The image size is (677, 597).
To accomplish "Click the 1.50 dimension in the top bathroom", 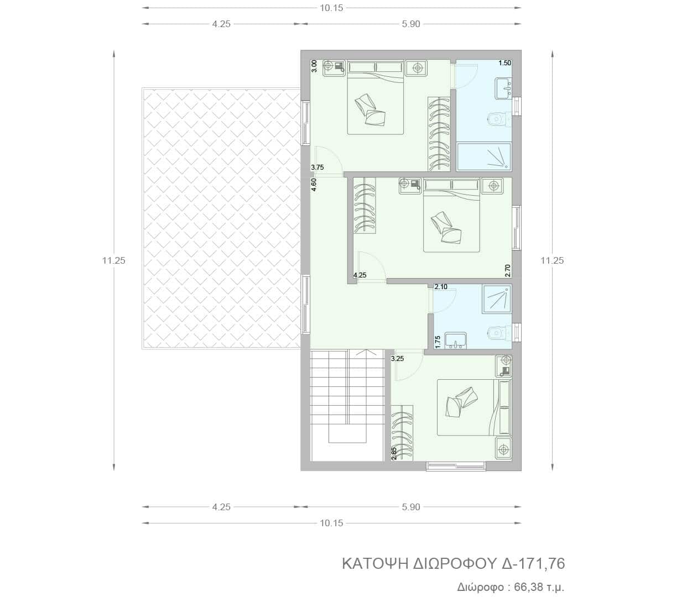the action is [504, 63].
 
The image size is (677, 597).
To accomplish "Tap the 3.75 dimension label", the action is [317, 167].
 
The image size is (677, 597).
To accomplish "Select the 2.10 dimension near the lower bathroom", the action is [441, 287].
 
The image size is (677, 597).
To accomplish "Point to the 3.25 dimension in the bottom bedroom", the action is [397, 358].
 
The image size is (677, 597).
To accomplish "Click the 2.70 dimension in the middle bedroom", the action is [507, 271].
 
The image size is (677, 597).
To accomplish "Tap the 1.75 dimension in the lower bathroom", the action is [438, 342].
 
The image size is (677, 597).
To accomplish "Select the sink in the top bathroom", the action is [503, 88].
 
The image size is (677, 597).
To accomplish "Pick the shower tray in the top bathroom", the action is [484, 156].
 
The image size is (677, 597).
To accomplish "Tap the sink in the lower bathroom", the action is [456, 341].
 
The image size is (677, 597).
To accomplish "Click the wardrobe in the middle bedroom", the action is [364, 205].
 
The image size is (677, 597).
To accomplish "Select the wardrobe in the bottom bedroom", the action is [402, 433].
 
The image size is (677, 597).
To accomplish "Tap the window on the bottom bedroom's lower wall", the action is [456, 466].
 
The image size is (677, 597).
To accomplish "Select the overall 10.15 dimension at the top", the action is [331, 8].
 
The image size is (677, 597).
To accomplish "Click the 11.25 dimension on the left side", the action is [113, 260].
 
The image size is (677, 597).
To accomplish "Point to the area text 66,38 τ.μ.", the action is [539, 587].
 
